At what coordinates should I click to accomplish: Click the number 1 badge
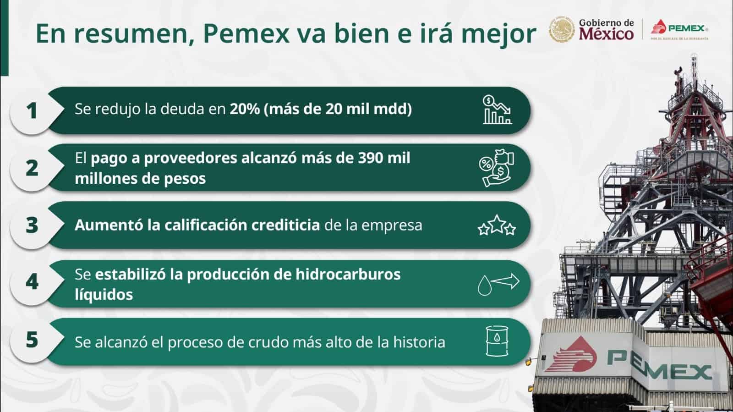tap(32, 110)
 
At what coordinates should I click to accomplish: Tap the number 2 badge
tap(32, 168)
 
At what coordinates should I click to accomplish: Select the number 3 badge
tap(32, 225)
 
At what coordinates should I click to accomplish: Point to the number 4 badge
tap(32, 282)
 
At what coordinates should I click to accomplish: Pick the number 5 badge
tap(32, 340)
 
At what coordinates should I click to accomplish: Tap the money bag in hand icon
tap(497, 168)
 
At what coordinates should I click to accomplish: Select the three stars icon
tap(497, 225)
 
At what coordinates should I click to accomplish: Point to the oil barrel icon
tap(497, 341)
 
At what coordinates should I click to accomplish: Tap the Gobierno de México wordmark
tap(606, 29)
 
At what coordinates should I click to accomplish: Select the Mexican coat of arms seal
tap(562, 30)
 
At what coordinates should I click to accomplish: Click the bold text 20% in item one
tap(245, 109)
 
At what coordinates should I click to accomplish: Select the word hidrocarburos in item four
tap(348, 274)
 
